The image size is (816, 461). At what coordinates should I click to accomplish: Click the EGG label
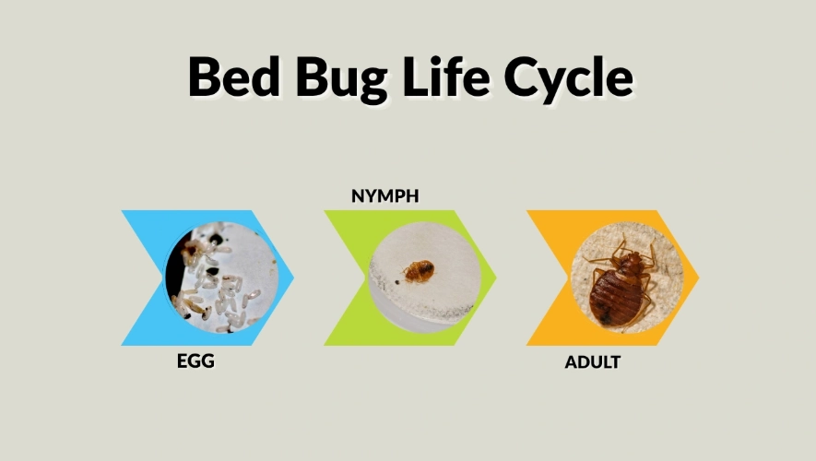pos(195,361)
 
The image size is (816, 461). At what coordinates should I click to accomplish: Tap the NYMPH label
pos(379,195)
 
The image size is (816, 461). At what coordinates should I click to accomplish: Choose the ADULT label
pos(592,361)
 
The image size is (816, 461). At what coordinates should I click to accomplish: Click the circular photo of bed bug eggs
pos(221,278)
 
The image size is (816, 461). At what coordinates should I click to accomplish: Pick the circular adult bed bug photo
pos(626,278)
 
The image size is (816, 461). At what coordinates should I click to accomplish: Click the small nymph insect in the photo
pos(420,271)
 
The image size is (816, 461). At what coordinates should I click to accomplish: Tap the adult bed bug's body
pos(622,290)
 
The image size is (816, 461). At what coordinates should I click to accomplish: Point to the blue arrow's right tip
pos(292,278)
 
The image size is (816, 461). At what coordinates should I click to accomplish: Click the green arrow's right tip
pos(495,278)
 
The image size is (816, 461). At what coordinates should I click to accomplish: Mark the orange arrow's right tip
pos(698,278)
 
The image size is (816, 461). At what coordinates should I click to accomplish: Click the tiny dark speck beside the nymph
pos(396,280)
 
